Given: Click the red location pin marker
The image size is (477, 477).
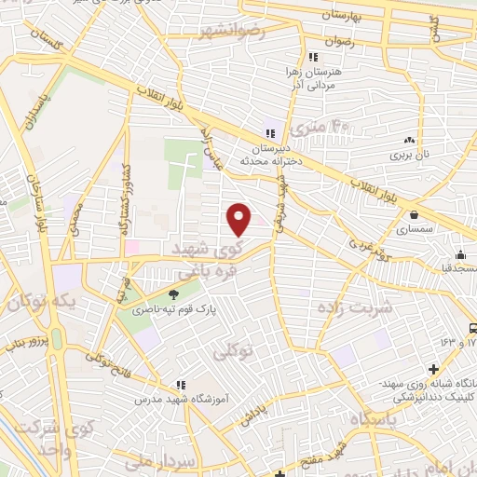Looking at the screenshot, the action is (239, 219).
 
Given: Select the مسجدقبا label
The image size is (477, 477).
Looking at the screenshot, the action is (459, 266).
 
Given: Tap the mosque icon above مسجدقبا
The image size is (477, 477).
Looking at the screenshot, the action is (459, 254).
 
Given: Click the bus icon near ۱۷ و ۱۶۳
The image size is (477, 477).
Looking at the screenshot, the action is (474, 328).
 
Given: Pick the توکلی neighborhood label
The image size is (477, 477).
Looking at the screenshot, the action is (233, 353).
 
